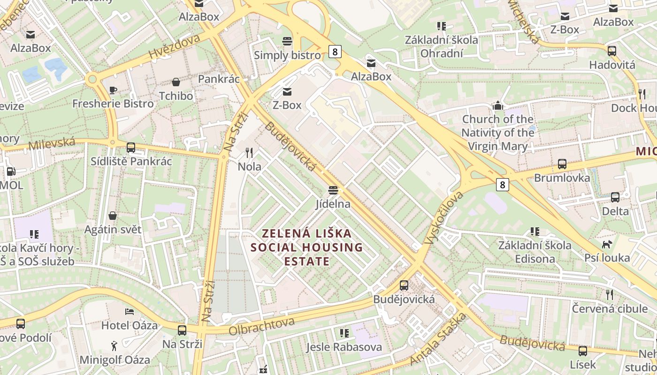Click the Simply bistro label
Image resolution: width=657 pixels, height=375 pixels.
287,55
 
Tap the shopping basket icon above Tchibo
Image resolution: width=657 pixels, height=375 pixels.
176,82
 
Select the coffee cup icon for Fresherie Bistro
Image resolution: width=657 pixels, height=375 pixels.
113,90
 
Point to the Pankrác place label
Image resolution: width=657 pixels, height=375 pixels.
219,79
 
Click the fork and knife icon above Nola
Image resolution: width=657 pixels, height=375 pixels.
250,152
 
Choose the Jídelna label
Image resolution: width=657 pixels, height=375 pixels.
333,204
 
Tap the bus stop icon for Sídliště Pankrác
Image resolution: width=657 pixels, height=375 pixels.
131,148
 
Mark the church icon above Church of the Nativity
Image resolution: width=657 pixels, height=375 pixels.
498,105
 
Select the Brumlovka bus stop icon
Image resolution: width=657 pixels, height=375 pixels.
562,164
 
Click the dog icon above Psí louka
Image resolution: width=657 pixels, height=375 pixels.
607,244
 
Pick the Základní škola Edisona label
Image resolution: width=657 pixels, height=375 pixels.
535,252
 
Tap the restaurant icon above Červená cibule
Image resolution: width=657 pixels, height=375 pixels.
609,294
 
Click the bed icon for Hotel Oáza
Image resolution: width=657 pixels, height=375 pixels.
130,311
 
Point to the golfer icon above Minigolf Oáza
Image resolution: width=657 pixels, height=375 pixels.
115,346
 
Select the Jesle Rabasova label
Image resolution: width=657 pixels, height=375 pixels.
344,347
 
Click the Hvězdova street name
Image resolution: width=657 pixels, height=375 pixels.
174,46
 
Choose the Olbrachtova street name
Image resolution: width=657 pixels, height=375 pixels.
261,326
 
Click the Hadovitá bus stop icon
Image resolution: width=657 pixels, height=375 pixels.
612,51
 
